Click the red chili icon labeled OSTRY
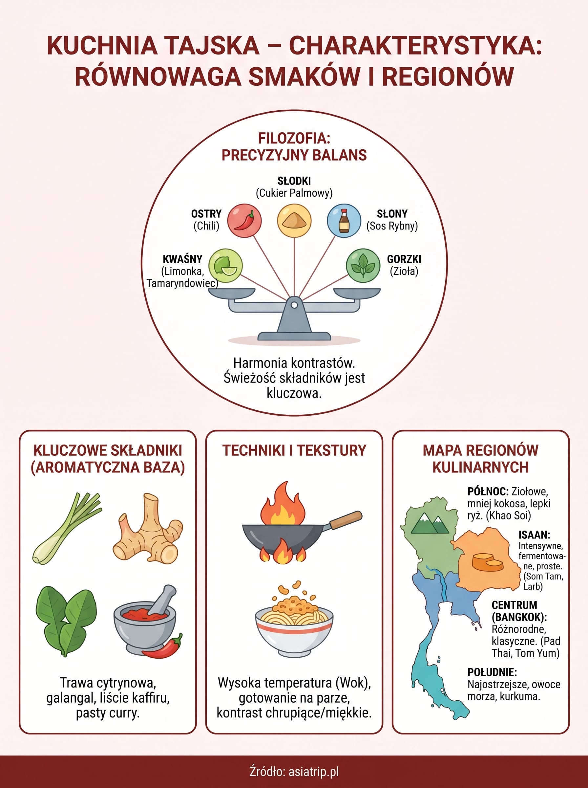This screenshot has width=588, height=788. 244,220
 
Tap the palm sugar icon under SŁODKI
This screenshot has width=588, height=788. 294,220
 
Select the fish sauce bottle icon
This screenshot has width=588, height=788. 344,220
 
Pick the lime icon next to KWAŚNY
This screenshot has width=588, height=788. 225,266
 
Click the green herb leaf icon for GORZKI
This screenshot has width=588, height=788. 363,266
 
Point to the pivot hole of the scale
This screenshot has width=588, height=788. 294,305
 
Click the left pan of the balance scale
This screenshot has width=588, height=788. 232,294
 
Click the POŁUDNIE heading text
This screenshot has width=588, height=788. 492,672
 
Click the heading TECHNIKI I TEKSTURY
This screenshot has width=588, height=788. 294,450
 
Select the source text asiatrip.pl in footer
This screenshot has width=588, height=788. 314,772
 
